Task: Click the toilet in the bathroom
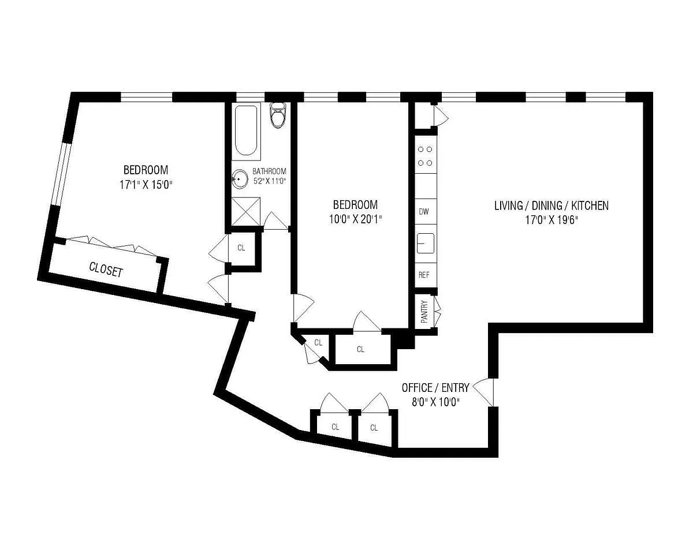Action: point(278,115)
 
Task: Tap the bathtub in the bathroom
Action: point(246,131)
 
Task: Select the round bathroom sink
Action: point(240,179)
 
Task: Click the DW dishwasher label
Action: point(423,211)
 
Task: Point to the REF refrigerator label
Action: point(424,275)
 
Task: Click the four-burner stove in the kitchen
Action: point(426,156)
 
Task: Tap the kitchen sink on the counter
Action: point(426,243)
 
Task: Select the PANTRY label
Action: point(424,312)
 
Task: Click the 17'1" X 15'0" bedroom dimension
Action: point(146,185)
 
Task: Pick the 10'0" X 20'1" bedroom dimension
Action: point(355,219)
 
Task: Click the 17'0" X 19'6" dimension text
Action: point(552,220)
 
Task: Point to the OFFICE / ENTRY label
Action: point(435,388)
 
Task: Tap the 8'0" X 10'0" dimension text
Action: point(435,402)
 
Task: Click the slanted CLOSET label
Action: point(106,270)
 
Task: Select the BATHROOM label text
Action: point(269,171)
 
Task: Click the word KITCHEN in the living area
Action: point(590,205)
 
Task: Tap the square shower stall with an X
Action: point(245,212)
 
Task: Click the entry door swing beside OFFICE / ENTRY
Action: point(483,392)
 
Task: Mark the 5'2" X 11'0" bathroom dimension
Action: point(269,181)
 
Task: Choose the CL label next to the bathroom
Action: point(241,248)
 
